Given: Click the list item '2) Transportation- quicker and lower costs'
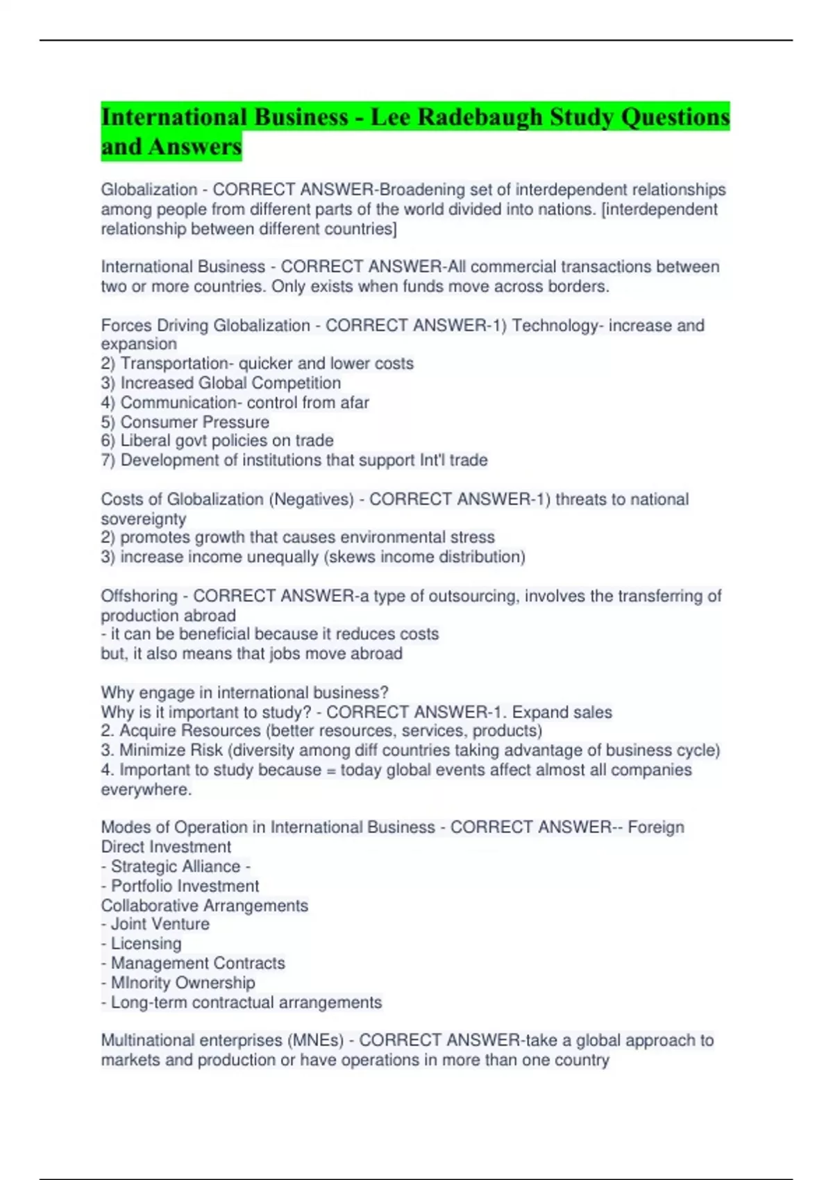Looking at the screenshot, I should [258, 363].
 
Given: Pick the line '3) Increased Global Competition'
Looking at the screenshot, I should [221, 382].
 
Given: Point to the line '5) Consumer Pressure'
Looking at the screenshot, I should [185, 422].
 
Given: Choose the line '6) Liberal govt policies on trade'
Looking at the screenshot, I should [217, 440].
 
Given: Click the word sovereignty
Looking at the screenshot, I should [144, 519].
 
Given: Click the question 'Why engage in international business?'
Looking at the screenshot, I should [244, 692].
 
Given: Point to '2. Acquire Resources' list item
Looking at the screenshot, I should [180, 730].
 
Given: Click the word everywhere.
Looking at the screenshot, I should [146, 789].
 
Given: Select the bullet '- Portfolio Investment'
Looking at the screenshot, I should [180, 886].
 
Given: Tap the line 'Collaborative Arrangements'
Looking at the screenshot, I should [204, 905].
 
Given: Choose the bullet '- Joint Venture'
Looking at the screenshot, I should [155, 924].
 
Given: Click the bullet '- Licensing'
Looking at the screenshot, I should [141, 943].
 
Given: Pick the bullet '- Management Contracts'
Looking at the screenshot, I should [193, 963].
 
